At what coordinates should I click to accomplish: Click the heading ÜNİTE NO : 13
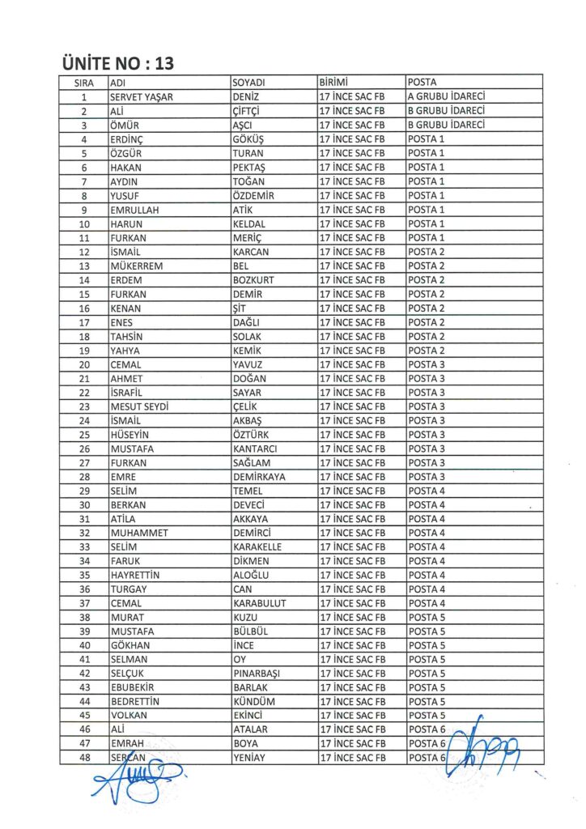(117, 62)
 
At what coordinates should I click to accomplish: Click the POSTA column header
(423, 83)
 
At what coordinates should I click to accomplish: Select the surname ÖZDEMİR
(254, 195)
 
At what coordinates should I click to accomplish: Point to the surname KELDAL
(249, 223)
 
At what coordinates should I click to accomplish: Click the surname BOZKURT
(254, 280)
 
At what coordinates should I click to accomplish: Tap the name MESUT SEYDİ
(140, 406)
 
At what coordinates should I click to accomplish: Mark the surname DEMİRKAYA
(259, 477)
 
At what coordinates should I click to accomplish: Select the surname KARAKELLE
(259, 547)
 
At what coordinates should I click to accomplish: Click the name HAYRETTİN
(135, 576)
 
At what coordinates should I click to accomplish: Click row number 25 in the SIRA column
(84, 435)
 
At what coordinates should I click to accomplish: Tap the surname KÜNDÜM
(253, 702)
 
